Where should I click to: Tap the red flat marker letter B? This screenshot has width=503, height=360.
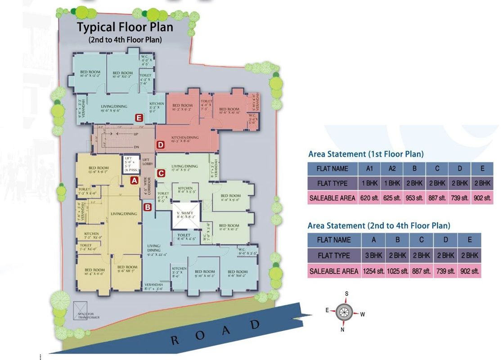[x=147, y=207]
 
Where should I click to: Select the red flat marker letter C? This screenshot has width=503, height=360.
[x=161, y=173]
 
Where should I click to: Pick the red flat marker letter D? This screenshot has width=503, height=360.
[x=161, y=144]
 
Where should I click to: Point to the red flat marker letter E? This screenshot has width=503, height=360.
[x=139, y=118]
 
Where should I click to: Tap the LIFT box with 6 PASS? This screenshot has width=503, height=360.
[x=131, y=164]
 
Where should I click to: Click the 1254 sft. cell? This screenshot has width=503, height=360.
[x=373, y=271]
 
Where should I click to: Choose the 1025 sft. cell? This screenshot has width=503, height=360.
[x=397, y=271]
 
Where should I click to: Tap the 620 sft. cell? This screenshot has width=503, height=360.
[x=370, y=198]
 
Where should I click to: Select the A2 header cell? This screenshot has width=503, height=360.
[x=392, y=169]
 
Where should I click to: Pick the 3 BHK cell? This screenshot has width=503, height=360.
[x=373, y=255]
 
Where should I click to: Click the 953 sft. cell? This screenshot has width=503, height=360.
[x=414, y=198]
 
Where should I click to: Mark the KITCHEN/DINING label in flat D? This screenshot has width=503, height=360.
[x=186, y=138]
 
